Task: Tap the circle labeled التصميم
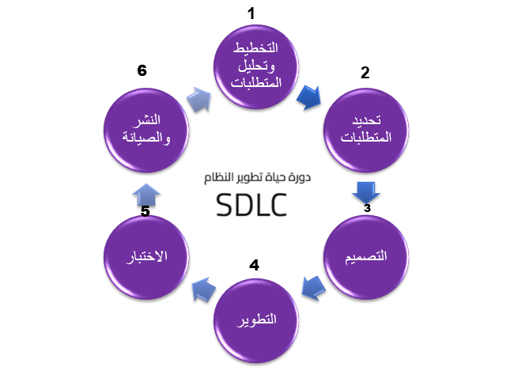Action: pyautogui.click(x=367, y=255)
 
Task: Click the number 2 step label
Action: pyautogui.click(x=365, y=74)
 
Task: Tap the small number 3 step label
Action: pyautogui.click(x=366, y=208)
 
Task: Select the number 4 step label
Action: pyautogui.click(x=254, y=265)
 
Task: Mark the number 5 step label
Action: pyautogui.click(x=145, y=211)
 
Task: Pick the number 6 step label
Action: pyautogui.click(x=142, y=71)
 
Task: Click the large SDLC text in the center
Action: pyautogui.click(x=251, y=206)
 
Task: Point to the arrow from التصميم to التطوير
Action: pyautogui.click(x=315, y=286)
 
